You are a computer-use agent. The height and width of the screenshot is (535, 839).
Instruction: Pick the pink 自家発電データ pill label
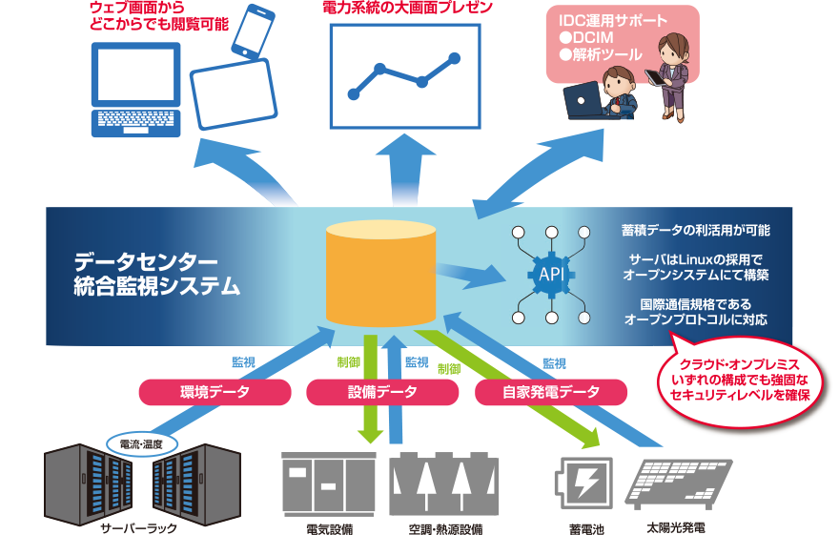(550, 392)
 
